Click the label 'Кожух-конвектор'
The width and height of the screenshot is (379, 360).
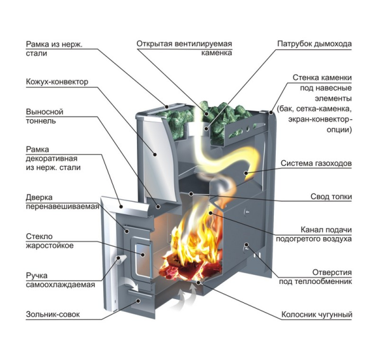click(57, 82)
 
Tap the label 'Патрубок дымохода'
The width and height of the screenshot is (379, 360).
click(314, 44)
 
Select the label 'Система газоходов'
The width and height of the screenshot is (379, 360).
click(316, 164)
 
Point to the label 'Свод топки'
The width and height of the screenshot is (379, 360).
click(331, 196)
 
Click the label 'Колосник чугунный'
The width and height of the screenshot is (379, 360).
click(317, 314)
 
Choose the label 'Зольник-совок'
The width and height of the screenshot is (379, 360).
click(53, 314)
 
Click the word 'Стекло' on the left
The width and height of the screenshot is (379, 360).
click(39, 236)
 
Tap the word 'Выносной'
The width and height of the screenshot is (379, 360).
click(44, 112)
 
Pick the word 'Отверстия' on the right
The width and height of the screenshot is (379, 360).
click(332, 273)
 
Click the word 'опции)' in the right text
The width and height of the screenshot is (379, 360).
click(339, 129)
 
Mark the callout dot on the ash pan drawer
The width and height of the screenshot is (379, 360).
click(139, 301)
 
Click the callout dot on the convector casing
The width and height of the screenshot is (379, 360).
click(155, 154)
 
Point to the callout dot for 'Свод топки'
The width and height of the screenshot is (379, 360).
click(191, 194)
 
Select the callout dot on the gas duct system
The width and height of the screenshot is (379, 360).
click(245, 173)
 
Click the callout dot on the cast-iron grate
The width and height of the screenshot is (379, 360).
click(198, 282)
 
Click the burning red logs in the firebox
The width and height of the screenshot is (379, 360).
click(191, 267)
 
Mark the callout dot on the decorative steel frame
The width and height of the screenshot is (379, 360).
click(121, 207)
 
